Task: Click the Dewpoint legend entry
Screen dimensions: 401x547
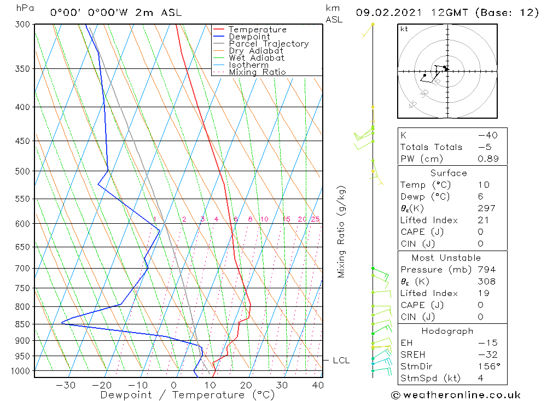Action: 249,37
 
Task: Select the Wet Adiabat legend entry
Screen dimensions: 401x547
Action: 256,58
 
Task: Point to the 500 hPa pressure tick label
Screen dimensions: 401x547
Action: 22,171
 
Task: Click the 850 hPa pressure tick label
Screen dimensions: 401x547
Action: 22,324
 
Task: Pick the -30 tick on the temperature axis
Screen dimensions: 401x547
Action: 66,385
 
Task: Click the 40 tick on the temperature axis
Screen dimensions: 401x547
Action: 318,385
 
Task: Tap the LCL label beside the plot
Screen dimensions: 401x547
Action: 341,361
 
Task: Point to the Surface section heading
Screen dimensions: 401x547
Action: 449,173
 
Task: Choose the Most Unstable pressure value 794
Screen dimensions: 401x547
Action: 486,270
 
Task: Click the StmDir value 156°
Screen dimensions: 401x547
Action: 487,367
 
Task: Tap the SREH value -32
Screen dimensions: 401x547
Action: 486,354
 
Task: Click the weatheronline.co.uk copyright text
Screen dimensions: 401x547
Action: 456,394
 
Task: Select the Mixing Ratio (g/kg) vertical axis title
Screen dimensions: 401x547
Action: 341,231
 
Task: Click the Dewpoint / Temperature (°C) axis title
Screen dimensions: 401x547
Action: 187,395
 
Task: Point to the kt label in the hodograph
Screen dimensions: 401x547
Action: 404,29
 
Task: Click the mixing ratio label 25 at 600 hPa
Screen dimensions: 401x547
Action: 315,219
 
